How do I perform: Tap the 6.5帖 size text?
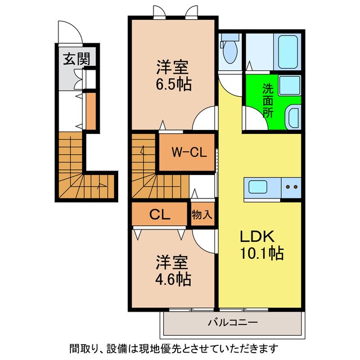173,85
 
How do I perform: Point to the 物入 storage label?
202,214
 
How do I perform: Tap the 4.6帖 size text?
173,278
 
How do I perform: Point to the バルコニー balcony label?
232,322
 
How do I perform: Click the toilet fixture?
229,51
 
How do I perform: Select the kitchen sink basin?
260,187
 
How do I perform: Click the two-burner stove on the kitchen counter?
291,187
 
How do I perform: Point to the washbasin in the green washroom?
293,119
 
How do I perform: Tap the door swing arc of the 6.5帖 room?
204,119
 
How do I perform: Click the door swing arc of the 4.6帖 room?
205,238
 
